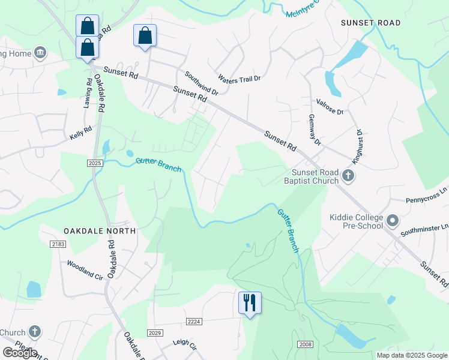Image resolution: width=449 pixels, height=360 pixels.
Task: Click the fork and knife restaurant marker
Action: (x=250, y=302)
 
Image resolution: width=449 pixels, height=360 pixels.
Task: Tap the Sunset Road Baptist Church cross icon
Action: (x=348, y=176)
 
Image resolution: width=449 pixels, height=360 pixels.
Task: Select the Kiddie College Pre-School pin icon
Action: (x=393, y=221)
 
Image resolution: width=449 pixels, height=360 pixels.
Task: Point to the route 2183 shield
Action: (x=58, y=244)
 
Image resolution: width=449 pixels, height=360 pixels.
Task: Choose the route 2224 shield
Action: (x=193, y=322)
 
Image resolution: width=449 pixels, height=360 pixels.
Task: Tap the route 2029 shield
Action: (x=154, y=333)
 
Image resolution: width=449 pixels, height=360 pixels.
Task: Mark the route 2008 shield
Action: (x=305, y=344)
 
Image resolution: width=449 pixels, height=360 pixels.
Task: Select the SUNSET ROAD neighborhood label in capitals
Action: (x=370, y=23)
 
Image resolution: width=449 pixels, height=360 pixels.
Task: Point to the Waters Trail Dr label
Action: (x=240, y=79)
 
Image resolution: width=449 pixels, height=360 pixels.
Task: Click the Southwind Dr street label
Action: (x=200, y=84)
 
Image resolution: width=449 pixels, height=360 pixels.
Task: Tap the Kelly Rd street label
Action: (x=80, y=133)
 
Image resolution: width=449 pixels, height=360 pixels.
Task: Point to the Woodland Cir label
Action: (x=85, y=267)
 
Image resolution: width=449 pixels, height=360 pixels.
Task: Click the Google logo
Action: (x=20, y=353)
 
